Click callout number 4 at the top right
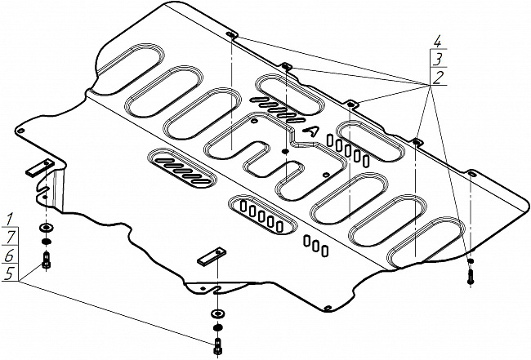pos(439,40)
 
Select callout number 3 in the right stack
pos(439,59)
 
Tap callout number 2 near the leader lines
pos(439,78)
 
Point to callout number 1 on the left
pos(9,218)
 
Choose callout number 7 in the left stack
pos(9,237)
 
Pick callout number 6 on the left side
pos(9,256)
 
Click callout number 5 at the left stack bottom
pos(9,275)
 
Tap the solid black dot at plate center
pos(285,151)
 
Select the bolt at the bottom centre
pos(217,344)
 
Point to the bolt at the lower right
pos(471,275)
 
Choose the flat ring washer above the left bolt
pos(45,228)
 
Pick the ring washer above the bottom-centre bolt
pos(218,313)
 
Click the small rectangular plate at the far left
pos(38,168)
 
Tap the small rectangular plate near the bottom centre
pos(211,256)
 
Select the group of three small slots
pos(317,243)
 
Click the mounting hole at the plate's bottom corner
pos(327,308)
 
